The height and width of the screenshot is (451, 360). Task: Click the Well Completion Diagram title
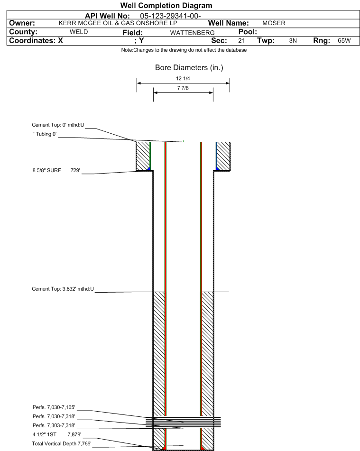coord(166,6)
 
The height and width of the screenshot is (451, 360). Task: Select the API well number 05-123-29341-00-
coord(170,16)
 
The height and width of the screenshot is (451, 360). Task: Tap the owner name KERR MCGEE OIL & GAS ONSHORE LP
coord(118,23)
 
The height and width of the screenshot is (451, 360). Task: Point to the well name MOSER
coord(274,23)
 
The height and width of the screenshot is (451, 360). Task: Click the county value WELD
coord(79,32)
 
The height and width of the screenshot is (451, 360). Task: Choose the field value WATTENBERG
coord(192,33)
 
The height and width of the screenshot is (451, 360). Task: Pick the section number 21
coord(241,41)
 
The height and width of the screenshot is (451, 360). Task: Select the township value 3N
coord(293,41)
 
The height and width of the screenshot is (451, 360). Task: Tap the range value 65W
coord(344,41)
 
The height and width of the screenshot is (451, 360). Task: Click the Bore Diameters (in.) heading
coord(189,68)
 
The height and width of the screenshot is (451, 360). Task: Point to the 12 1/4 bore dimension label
coord(183,79)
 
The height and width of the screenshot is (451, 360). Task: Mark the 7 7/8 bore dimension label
coord(183,88)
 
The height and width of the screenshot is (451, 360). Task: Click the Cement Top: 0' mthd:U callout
coord(58,125)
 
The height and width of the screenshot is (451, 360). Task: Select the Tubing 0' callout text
coord(45,134)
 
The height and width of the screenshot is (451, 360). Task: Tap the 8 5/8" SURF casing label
coord(46,170)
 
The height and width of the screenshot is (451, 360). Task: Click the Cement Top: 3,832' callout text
coord(63,289)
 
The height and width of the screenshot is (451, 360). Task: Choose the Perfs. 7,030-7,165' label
coord(54,407)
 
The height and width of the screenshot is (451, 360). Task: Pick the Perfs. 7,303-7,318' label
coord(54,425)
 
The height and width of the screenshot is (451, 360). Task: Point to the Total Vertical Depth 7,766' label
coord(62,443)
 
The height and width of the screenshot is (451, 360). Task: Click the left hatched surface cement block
coord(143,156)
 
